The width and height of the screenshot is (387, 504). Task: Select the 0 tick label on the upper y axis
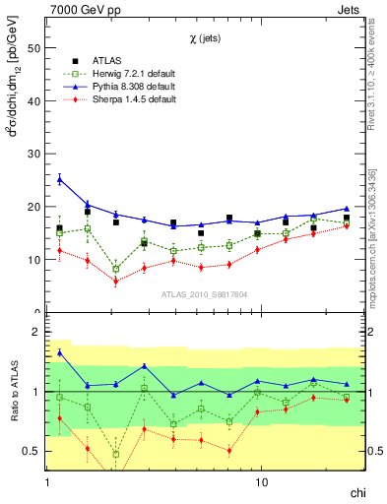(x=36, y=313)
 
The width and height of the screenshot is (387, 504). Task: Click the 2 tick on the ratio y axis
(x=36, y=332)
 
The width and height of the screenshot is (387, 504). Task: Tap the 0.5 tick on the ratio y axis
(x=32, y=451)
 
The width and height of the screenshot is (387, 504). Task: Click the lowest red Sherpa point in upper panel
(x=116, y=282)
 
